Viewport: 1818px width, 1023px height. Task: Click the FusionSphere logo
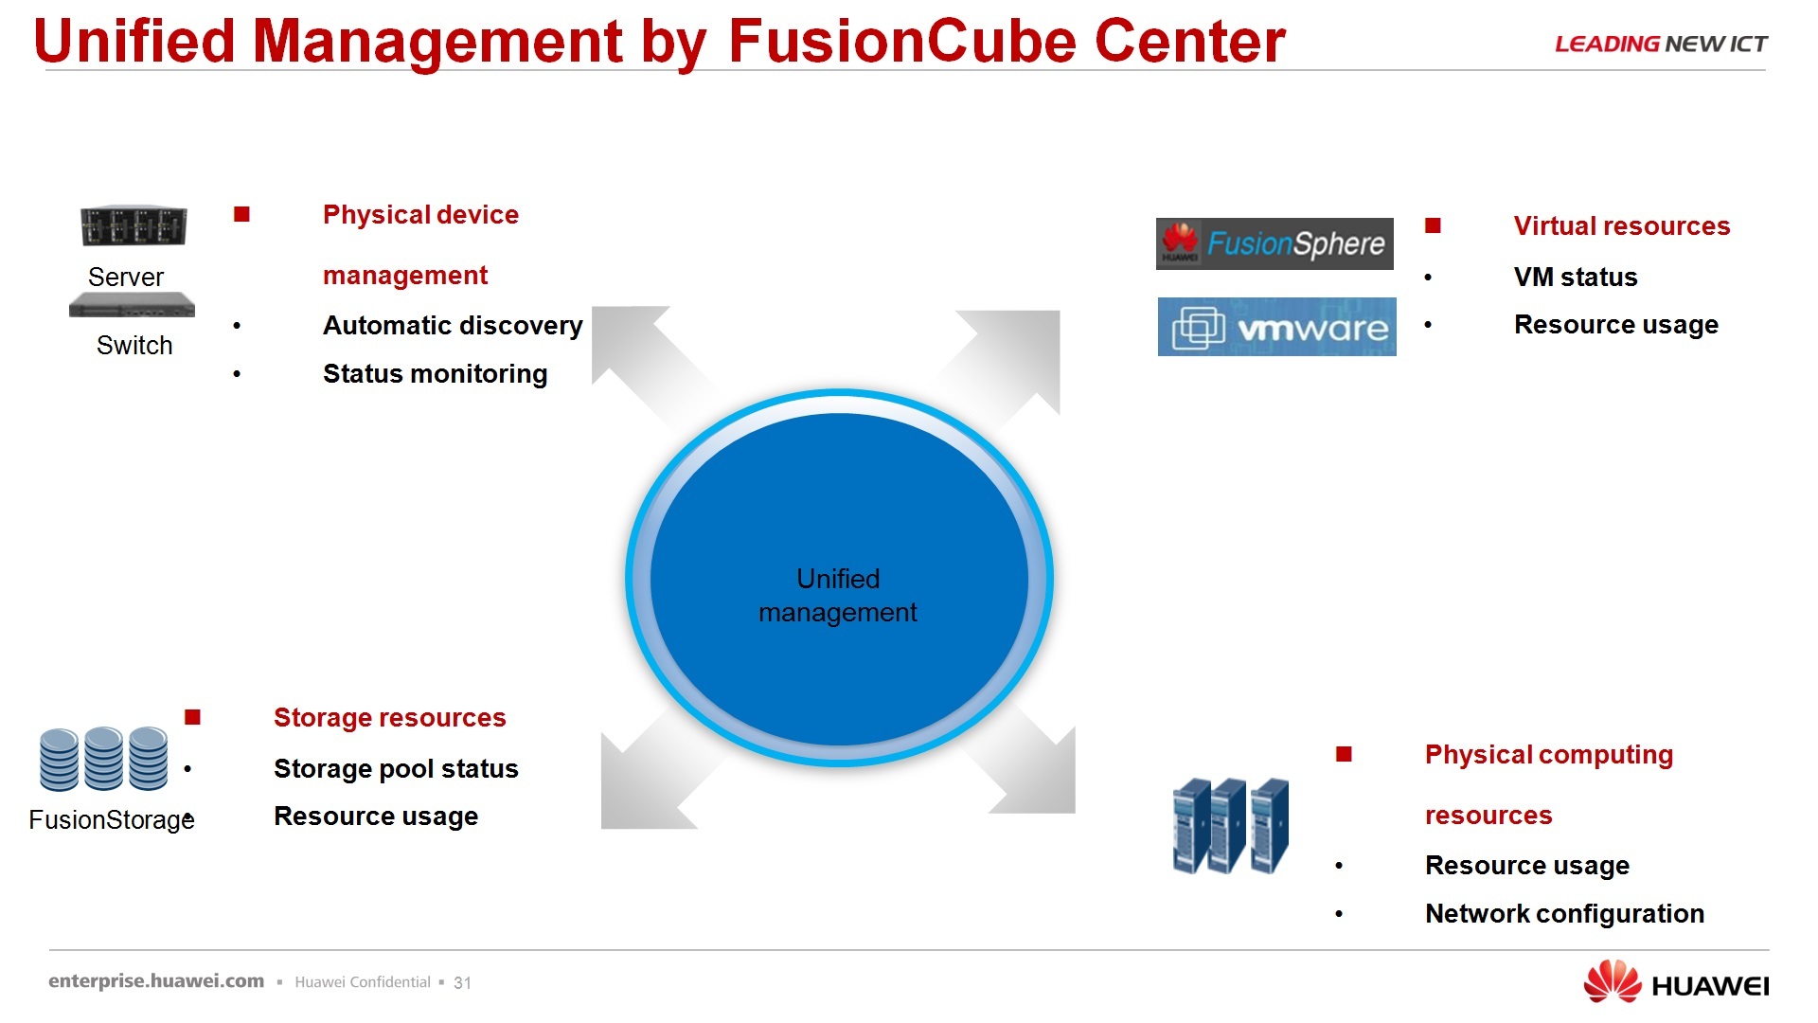coord(1274,243)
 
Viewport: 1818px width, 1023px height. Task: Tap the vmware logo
coord(1276,327)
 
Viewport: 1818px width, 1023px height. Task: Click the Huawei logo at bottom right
coord(1675,983)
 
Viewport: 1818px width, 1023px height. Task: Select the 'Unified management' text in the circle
coord(838,596)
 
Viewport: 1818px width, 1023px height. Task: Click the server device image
coord(134,226)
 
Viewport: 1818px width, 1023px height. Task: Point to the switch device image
coord(132,305)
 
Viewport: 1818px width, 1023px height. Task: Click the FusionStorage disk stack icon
coord(104,759)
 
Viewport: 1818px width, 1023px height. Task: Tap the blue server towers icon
coord(1231,825)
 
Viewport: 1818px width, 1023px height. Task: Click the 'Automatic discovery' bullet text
coord(453,326)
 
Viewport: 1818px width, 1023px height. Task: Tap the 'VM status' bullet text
coord(1575,278)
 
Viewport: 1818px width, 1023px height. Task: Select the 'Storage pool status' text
coord(396,769)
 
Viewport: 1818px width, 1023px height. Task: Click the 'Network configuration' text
coord(1564,914)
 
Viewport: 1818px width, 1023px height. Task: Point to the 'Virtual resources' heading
coord(1621,226)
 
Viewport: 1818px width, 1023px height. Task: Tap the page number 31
coord(462,983)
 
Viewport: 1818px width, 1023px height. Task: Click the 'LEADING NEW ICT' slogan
coord(1661,45)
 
